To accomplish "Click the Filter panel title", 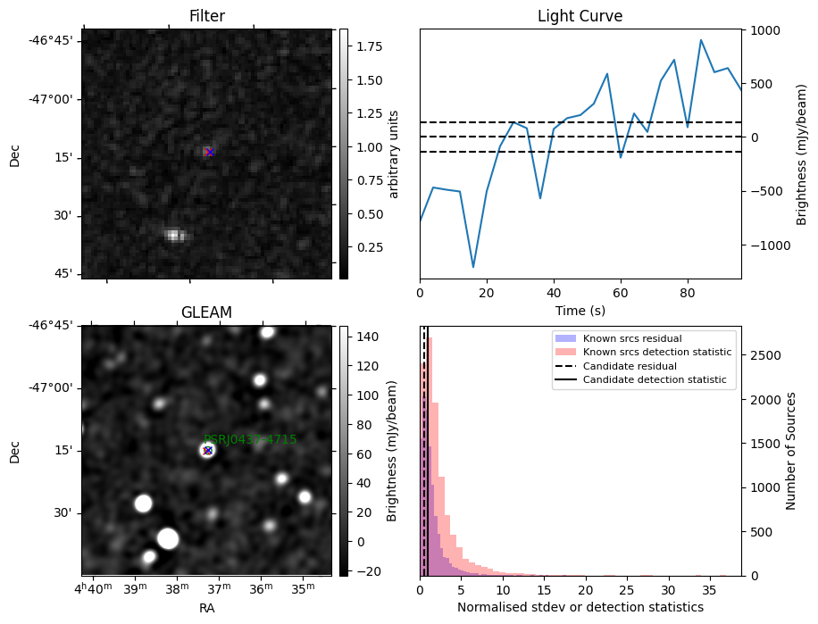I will click(206, 16).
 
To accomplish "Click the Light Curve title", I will click(580, 16).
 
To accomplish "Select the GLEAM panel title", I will click(206, 312).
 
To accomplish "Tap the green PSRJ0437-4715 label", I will click(250, 439).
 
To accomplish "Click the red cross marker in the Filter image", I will click(209, 153).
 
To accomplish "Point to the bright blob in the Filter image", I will click(173, 235).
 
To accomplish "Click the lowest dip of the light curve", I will click(473, 266).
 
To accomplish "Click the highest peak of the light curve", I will click(701, 40).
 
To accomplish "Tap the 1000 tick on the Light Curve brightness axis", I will click(764, 30).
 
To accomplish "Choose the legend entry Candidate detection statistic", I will click(655, 380).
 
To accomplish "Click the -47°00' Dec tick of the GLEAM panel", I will click(54, 387).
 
